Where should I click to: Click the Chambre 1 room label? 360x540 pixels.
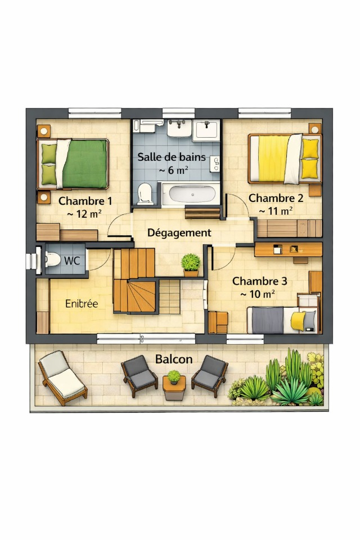click(85, 201)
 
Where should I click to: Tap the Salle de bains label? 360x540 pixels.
click(172, 157)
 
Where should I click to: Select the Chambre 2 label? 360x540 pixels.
click(276, 198)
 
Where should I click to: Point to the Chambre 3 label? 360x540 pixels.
click(259, 281)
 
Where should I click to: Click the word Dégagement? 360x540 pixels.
click(179, 233)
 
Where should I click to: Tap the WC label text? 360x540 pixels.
click(72, 260)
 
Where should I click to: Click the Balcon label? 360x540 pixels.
click(174, 359)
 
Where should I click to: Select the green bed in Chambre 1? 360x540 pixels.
click(73, 164)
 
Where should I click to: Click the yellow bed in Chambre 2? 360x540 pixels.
click(285, 159)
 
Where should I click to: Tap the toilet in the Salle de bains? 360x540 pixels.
click(145, 194)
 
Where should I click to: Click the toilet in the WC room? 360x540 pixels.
click(52, 260)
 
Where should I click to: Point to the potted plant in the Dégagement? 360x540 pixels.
click(191, 265)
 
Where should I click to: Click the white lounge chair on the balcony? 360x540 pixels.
click(62, 378)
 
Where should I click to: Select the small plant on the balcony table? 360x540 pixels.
click(174, 377)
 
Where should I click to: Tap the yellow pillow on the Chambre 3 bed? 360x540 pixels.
click(298, 321)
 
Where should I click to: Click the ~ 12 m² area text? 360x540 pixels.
click(84, 214)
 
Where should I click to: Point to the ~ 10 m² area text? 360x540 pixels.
click(257, 294)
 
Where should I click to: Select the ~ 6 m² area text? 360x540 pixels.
click(173, 170)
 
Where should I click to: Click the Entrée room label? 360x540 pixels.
click(82, 303)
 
